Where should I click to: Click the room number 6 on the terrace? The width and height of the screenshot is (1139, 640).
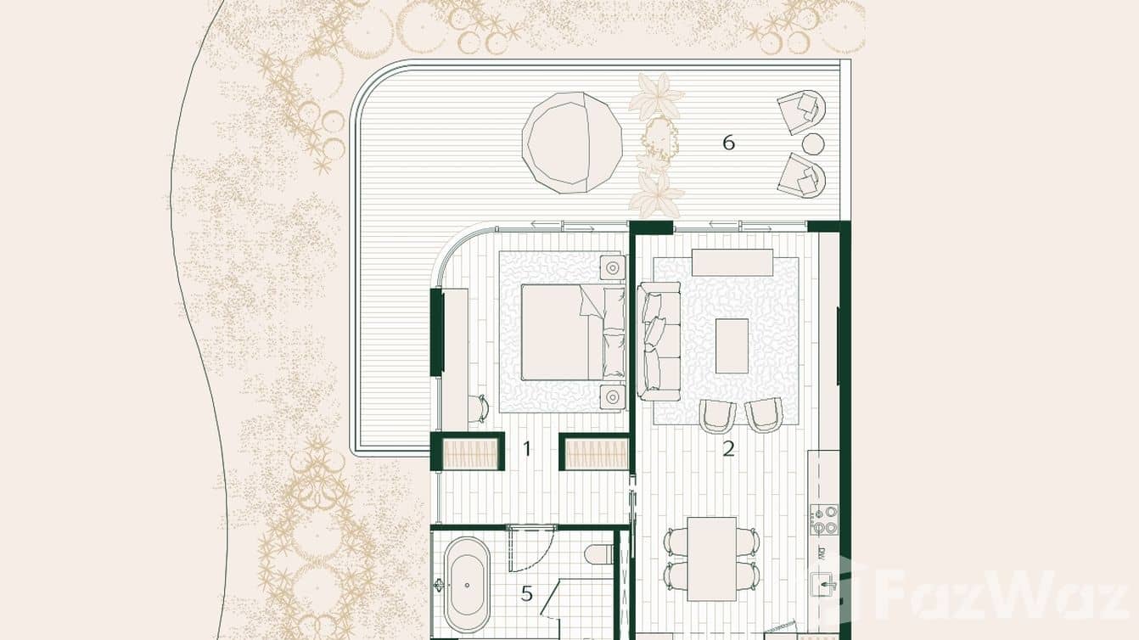pyautogui.click(x=728, y=143)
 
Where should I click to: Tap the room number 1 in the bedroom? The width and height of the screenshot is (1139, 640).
pyautogui.click(x=526, y=448)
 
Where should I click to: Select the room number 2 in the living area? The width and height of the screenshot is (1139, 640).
pyautogui.click(x=728, y=449)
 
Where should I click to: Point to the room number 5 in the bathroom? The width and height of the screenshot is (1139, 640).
pyautogui.click(x=526, y=593)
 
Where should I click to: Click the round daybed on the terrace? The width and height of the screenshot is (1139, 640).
pyautogui.click(x=571, y=143)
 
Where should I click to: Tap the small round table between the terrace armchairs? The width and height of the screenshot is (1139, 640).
pyautogui.click(x=813, y=143)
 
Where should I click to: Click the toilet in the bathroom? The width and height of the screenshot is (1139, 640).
pyautogui.click(x=598, y=553)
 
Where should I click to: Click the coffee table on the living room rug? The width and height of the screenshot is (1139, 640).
pyautogui.click(x=732, y=345)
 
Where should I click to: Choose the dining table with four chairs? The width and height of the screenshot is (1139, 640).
pyautogui.click(x=712, y=559)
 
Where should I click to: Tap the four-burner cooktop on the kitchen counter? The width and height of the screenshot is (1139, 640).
pyautogui.click(x=823, y=519)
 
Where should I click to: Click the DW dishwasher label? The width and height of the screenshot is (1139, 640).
pyautogui.click(x=822, y=553)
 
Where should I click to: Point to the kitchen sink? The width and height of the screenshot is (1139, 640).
pyautogui.click(x=823, y=584)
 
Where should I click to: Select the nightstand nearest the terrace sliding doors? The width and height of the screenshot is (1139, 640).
pyautogui.click(x=612, y=267)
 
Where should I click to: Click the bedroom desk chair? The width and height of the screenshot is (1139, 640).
pyautogui.click(x=480, y=408)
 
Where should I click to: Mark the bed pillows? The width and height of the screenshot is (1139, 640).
pyautogui.click(x=613, y=331)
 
